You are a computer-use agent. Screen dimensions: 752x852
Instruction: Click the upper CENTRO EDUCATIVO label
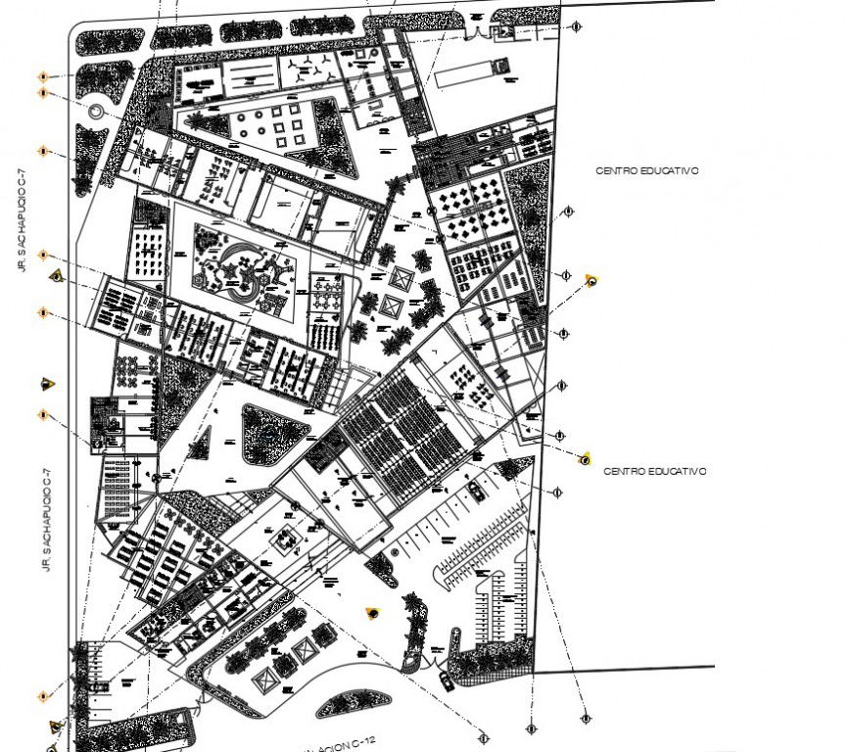tap(646, 170)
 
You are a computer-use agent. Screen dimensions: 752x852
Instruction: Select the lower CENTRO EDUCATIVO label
tap(654, 471)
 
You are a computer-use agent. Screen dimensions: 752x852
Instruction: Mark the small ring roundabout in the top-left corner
tap(96, 112)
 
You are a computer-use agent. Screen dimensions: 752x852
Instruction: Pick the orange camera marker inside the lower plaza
tap(372, 613)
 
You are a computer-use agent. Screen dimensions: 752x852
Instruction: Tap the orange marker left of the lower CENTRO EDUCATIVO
tap(586, 458)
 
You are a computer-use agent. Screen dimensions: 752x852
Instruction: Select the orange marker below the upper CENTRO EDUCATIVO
tap(591, 280)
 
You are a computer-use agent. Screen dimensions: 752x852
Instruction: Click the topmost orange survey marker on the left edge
tap(43, 76)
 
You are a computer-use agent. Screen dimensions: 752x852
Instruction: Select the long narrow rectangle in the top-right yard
tap(465, 74)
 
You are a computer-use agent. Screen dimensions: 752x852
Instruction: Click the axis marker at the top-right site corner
tap(578, 27)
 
